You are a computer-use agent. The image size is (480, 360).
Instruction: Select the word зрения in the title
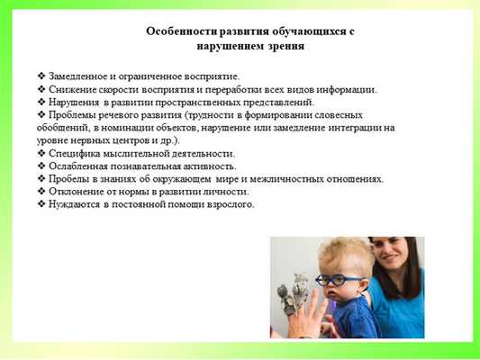pos(285,45)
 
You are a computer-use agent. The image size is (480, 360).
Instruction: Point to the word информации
pos(346,89)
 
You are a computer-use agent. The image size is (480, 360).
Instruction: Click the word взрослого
pos(228,204)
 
